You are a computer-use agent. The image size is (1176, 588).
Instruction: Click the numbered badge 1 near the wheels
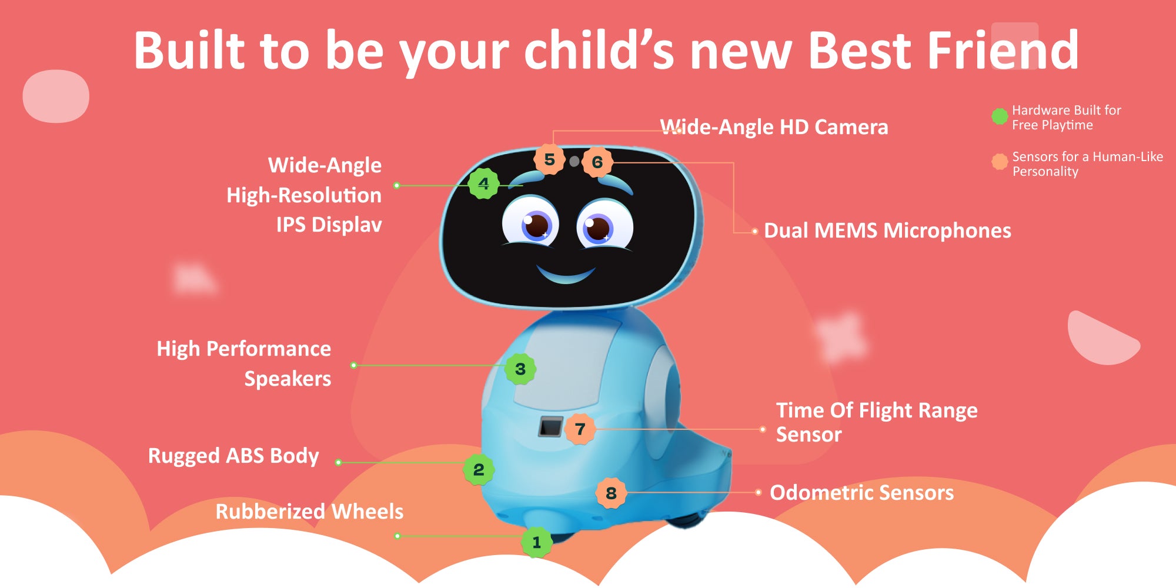[536, 542]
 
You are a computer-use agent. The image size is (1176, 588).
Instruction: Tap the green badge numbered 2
[479, 470]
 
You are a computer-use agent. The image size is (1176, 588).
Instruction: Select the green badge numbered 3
[520, 369]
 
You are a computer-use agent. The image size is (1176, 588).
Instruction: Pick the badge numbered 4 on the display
[484, 184]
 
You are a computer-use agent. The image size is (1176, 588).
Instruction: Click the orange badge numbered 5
[550, 159]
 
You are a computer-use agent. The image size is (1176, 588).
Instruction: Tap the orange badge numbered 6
[597, 162]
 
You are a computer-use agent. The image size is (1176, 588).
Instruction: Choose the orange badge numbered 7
[580, 429]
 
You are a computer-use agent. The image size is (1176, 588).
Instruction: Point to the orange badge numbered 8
[612, 493]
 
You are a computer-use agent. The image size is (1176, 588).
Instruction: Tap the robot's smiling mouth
[566, 275]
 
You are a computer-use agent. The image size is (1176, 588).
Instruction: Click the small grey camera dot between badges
[574, 161]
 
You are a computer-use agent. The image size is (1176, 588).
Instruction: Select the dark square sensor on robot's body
[551, 427]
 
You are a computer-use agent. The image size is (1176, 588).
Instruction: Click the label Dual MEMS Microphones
[887, 230]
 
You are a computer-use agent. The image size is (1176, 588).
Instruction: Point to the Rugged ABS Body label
[233, 456]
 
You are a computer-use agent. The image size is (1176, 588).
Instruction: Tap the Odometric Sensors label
[862, 493]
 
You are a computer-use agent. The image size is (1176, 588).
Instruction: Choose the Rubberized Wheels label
[310, 512]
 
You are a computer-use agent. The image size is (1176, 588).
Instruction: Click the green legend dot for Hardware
[1000, 116]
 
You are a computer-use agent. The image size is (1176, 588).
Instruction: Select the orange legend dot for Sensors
[1000, 162]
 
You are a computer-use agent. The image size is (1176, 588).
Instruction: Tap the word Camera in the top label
[851, 127]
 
